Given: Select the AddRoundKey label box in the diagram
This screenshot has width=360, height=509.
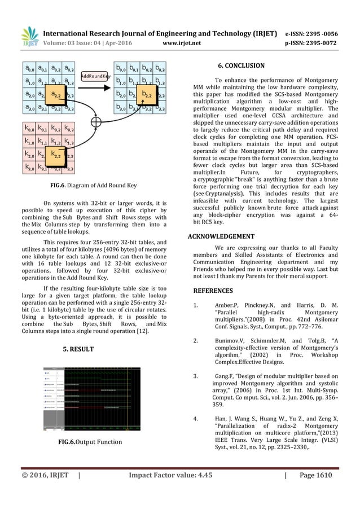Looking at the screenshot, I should click(95, 75).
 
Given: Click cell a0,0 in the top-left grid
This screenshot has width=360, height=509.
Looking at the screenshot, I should click(28, 68).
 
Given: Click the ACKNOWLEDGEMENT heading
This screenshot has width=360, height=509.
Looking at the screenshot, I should click(221, 236).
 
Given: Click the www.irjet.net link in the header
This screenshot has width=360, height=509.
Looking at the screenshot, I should click(180, 26).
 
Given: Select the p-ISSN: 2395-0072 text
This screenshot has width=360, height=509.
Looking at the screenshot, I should click(320, 26).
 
